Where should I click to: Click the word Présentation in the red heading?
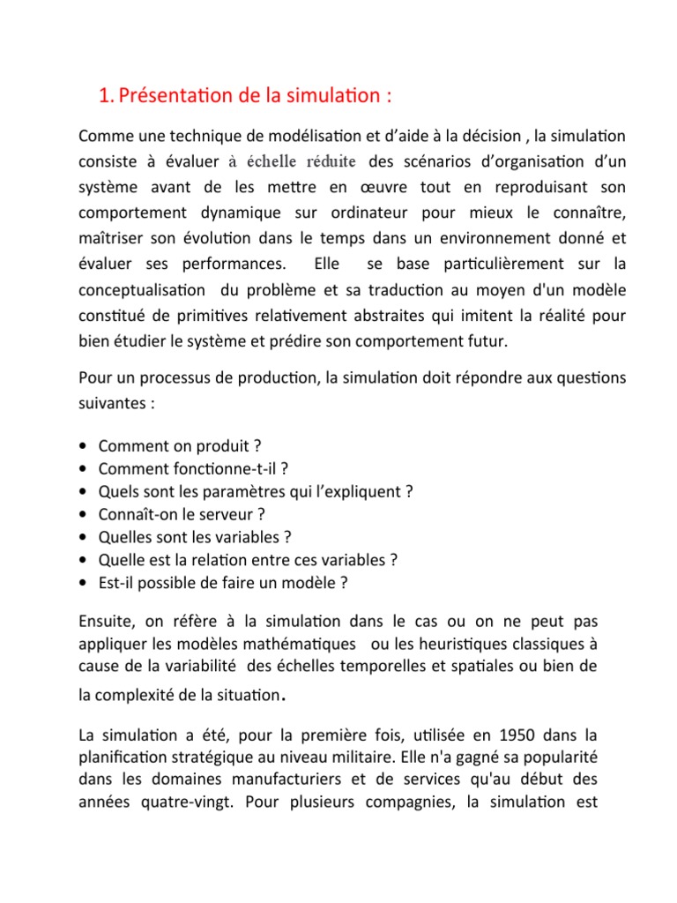click(177, 96)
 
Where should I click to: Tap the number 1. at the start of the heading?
click(107, 96)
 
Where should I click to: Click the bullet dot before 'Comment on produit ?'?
click(82, 445)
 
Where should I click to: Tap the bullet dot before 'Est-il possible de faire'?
click(82, 582)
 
